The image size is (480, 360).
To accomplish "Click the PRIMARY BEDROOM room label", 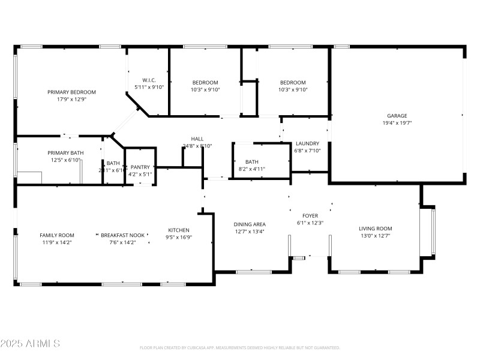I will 72,92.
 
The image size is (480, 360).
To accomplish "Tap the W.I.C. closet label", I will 149,80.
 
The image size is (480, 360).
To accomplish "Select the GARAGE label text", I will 397,115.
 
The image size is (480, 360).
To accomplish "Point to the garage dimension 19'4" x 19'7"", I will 397,122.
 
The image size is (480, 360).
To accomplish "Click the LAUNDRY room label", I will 307,143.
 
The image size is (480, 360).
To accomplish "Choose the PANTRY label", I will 140,167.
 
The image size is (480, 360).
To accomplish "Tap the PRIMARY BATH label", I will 65,153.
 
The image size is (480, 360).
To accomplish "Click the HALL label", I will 197,139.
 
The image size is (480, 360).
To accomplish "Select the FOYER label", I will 310,215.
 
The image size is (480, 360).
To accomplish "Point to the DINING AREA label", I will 250,224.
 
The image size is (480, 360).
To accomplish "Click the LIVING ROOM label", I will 375,228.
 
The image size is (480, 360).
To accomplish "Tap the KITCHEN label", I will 179,230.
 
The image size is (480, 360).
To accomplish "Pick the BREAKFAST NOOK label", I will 122,235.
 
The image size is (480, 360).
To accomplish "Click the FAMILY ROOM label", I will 57,235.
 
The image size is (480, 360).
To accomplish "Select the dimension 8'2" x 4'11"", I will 251,169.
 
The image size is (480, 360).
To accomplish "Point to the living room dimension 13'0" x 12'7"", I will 375,235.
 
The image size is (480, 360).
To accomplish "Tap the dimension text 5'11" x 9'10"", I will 149,87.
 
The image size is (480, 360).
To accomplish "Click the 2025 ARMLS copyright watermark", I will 30,344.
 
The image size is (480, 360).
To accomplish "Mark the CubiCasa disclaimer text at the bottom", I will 239,348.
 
